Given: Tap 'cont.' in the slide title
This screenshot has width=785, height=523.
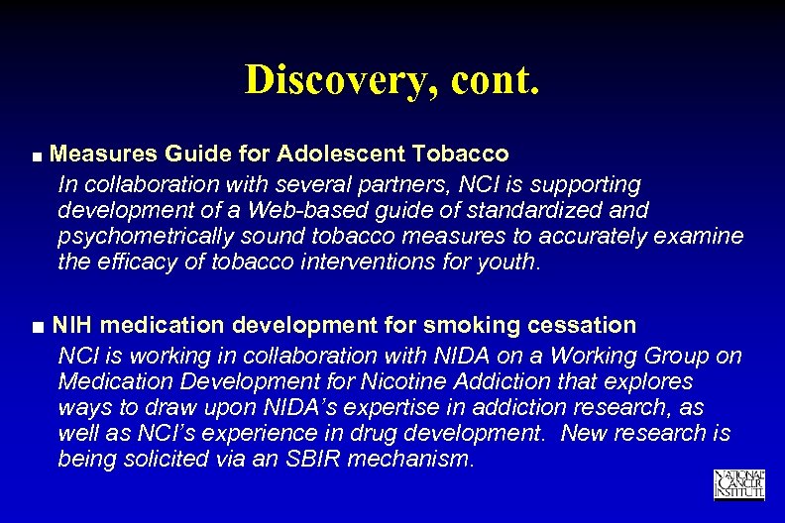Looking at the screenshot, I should [x=495, y=79].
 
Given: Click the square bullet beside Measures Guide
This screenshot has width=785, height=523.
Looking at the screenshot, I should [x=37, y=157].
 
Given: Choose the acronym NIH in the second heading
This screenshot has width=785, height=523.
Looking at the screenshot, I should [x=72, y=325].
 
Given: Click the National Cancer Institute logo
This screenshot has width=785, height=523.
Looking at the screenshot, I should [x=738, y=484].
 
